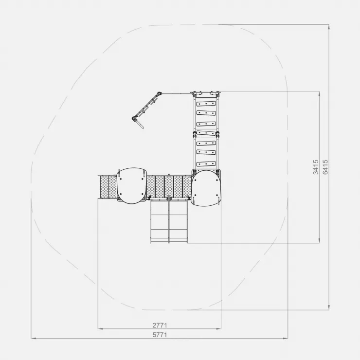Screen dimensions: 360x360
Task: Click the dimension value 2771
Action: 160,325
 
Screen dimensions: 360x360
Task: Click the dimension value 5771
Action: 160,335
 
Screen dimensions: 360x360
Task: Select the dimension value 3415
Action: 316,167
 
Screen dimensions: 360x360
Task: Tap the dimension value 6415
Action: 325,167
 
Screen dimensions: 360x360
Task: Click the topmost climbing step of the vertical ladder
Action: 206,104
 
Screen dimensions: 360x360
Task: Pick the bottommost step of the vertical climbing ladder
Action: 206,164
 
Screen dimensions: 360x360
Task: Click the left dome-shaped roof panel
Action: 131,186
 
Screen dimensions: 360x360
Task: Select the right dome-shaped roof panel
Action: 206,188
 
